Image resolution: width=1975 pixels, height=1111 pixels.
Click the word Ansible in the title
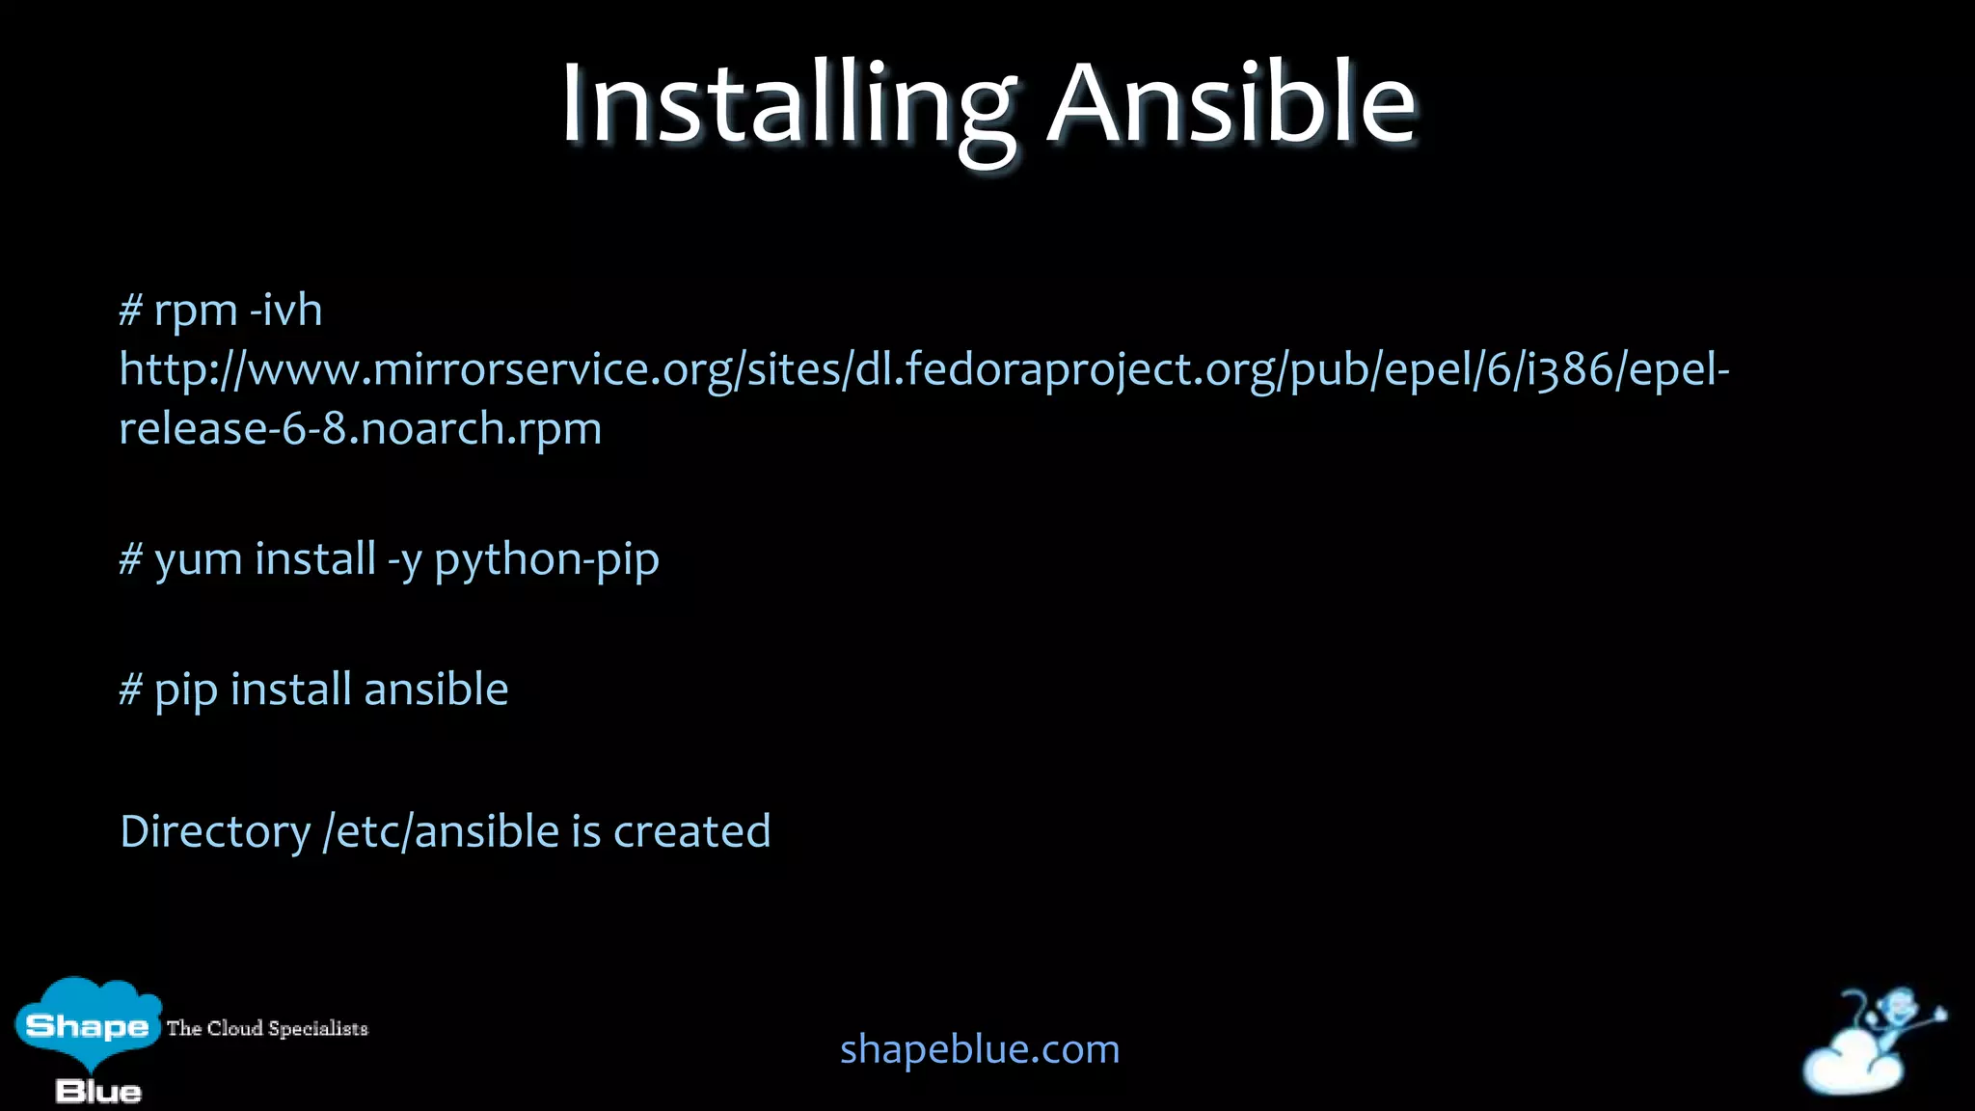click(1231, 104)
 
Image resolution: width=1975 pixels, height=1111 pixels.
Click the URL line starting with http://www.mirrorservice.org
click(924, 369)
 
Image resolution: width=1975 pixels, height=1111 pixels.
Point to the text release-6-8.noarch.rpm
click(360, 428)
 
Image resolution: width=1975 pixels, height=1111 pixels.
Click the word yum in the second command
click(198, 560)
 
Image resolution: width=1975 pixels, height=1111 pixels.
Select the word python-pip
click(546, 560)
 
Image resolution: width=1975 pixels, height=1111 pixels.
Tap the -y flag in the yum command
click(405, 560)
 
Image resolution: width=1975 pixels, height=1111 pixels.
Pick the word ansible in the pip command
click(436, 690)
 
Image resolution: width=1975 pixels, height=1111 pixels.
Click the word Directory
click(215, 831)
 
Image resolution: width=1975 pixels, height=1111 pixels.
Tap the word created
click(691, 831)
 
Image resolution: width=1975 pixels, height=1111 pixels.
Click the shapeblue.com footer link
click(980, 1049)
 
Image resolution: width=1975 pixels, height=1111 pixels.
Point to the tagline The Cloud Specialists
click(267, 1028)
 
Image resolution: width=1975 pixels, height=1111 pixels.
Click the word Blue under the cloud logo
click(98, 1092)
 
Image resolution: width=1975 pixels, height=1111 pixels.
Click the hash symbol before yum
click(130, 559)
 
